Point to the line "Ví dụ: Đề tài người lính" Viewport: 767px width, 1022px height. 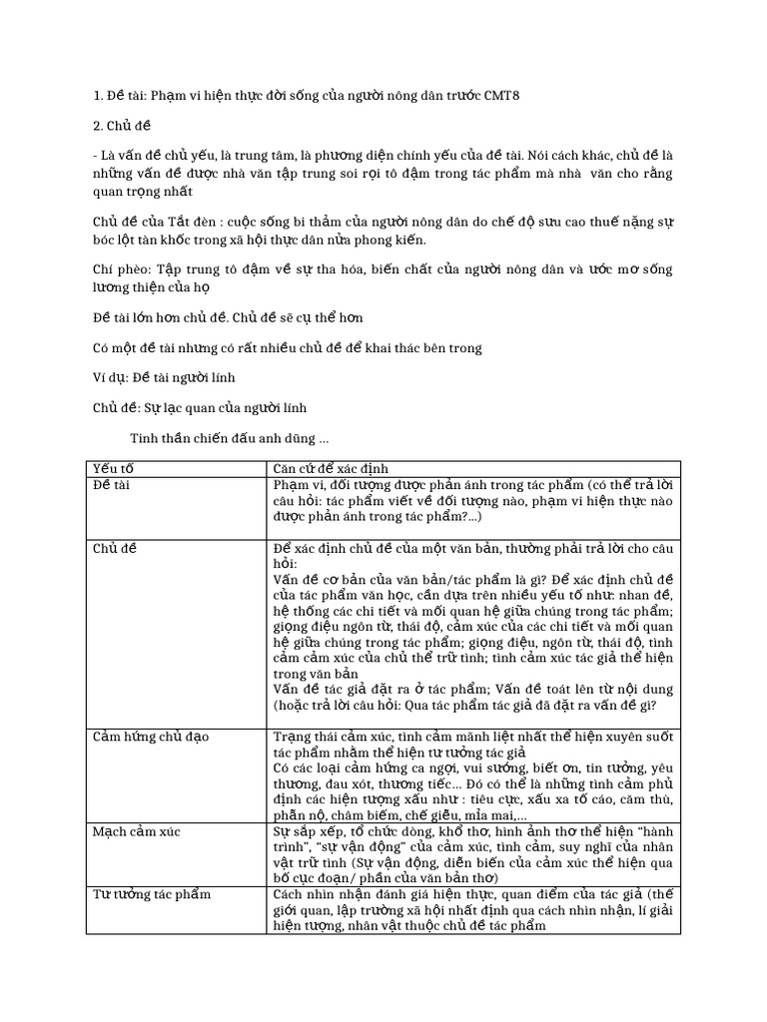click(164, 377)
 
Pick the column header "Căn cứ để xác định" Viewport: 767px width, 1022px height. click(331, 469)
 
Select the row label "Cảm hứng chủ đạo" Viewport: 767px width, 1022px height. click(151, 737)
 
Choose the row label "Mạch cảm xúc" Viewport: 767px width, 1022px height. click(136, 830)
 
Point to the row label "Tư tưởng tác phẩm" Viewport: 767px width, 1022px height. click(151, 894)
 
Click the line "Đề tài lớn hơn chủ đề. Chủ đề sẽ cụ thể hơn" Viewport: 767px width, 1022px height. click(228, 317)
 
